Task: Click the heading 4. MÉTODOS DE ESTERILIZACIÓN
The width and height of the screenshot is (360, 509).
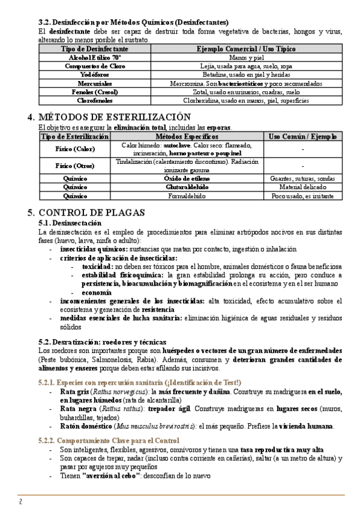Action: tap(118, 116)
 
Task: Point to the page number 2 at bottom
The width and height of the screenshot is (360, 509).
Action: tap(21, 501)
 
